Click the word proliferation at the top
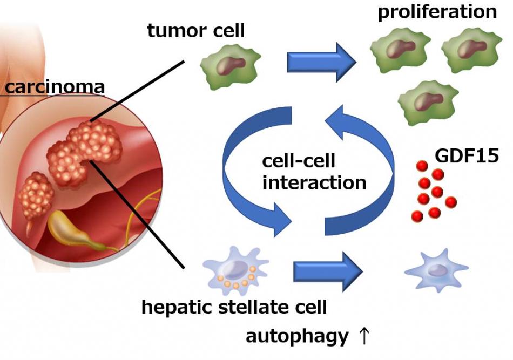click(437, 12)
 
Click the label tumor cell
click(196, 30)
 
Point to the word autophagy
click(298, 336)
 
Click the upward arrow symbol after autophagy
click(364, 336)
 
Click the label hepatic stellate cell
click(234, 308)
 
